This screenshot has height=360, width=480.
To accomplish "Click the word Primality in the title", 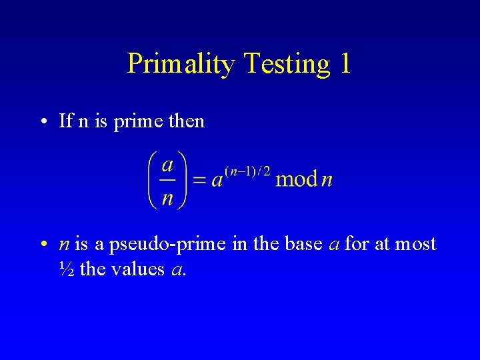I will (x=181, y=64).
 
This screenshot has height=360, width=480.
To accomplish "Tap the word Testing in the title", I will (x=287, y=64).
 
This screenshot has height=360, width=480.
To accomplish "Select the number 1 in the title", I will (x=344, y=64).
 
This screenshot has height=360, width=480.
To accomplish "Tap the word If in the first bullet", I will (x=65, y=121).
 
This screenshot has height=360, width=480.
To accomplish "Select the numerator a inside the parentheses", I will (x=168, y=164).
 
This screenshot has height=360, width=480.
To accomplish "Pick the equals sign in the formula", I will (x=199, y=180).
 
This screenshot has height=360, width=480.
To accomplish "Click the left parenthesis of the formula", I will (x=153, y=180).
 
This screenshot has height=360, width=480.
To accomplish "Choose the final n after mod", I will (x=327, y=181).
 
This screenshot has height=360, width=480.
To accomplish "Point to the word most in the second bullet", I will (x=415, y=244).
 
